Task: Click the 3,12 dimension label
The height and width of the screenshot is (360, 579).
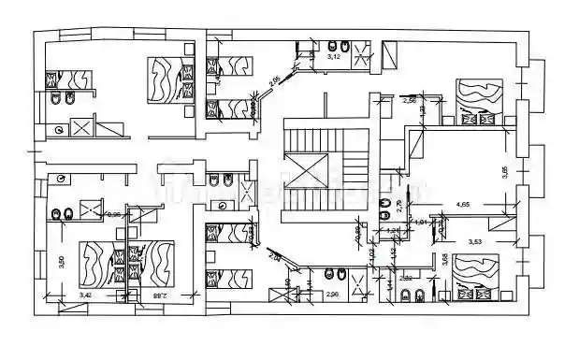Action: (x=334, y=57)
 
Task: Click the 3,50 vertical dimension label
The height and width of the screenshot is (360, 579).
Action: (x=61, y=263)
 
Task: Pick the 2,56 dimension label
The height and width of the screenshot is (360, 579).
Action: (x=408, y=98)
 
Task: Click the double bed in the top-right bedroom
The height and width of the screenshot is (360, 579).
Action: (x=477, y=97)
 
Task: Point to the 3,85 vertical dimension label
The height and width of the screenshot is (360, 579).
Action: (x=504, y=172)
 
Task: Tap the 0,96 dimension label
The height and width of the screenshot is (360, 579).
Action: (x=116, y=214)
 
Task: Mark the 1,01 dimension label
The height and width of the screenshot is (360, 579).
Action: (x=421, y=223)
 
